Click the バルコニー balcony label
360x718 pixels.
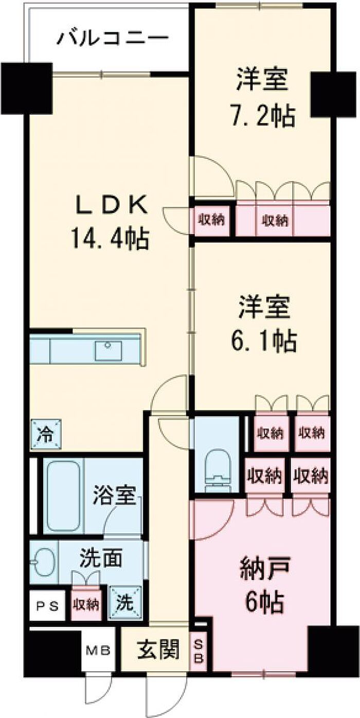[112, 38]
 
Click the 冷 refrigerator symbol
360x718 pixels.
[46, 434]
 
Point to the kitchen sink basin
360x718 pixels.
[108, 351]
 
